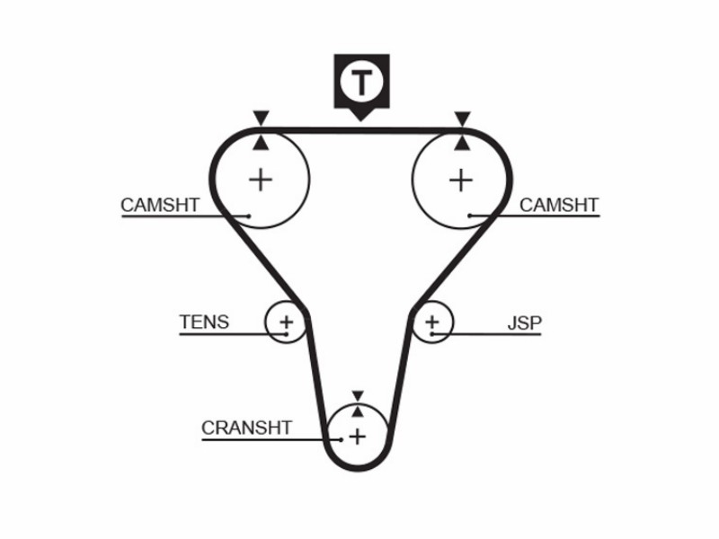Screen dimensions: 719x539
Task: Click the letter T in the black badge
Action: point(361,83)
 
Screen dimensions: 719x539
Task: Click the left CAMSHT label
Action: point(160,205)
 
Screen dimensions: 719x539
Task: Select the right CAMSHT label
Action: point(559,205)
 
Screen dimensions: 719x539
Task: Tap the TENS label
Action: point(204,323)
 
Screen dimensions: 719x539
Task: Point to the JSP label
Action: point(525,323)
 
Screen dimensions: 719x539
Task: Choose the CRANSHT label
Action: point(246,428)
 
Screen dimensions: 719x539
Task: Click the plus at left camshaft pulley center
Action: point(261,180)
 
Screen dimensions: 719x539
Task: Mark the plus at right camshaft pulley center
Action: point(461,181)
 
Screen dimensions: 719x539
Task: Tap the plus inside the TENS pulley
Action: point(287,323)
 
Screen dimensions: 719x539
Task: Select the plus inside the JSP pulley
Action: point(432,322)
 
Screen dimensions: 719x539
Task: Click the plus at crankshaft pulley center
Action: point(357,436)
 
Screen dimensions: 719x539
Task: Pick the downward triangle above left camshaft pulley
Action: point(261,118)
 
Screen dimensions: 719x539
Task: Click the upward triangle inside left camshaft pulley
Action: point(261,143)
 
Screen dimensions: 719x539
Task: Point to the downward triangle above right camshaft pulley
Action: point(462,119)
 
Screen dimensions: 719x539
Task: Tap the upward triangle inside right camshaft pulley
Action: point(462,143)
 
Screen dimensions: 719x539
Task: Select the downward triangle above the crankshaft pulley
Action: point(358,396)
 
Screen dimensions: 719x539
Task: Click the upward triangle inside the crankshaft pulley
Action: point(358,411)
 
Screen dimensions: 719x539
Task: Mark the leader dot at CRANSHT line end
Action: point(342,440)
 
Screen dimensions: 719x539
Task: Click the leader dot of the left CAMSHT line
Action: point(249,216)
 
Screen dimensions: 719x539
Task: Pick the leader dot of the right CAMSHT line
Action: point(470,216)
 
